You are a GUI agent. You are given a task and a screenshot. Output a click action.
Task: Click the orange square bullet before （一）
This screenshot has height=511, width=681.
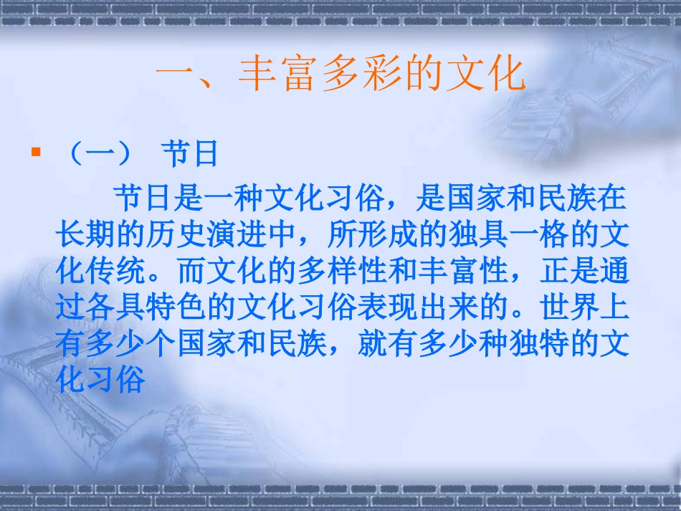click(35, 152)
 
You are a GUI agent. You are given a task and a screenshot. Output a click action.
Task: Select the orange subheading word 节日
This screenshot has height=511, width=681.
click(189, 153)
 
